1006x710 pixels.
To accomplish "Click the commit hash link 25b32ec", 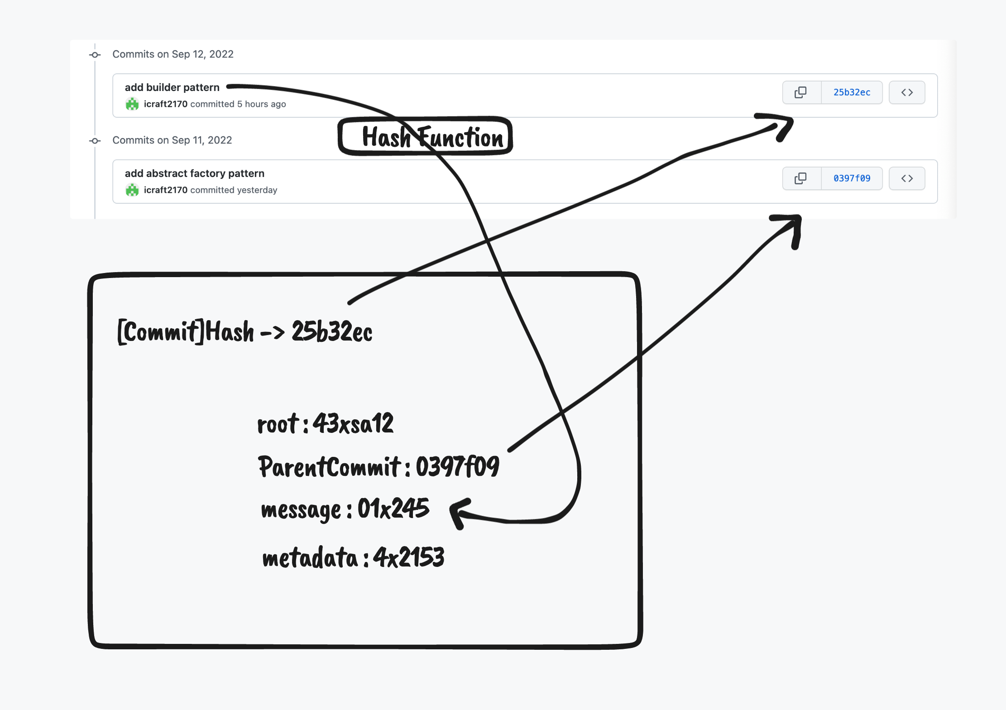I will [x=852, y=92].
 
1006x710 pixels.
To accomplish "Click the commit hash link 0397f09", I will [x=852, y=178].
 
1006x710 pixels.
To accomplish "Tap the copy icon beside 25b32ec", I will [x=800, y=92].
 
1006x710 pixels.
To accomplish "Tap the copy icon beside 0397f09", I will [x=800, y=178].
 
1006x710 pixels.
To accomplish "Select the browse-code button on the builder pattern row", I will [x=906, y=92].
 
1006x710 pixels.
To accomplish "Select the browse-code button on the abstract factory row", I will [x=906, y=178].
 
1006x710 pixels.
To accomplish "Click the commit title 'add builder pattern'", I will [x=172, y=87].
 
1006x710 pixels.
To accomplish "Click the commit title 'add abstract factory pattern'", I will [x=194, y=173].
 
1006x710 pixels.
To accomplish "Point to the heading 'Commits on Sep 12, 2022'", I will [x=172, y=54].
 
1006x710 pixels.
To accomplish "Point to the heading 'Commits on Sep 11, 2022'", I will [x=172, y=140].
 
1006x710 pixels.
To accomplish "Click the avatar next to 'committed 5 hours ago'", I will [x=132, y=104].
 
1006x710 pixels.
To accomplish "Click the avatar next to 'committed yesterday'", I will [x=132, y=190].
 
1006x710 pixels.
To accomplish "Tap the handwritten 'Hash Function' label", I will [x=432, y=137].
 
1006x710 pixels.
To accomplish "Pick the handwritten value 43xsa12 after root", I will [x=353, y=424].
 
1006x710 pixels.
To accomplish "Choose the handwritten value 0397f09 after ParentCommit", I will [x=457, y=466].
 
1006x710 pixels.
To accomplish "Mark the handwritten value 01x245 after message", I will [x=393, y=509].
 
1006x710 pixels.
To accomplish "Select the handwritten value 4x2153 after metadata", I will [x=408, y=557].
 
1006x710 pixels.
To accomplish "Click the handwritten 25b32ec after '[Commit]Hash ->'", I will [x=332, y=331].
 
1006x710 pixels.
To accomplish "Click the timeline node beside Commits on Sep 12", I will [x=95, y=55].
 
